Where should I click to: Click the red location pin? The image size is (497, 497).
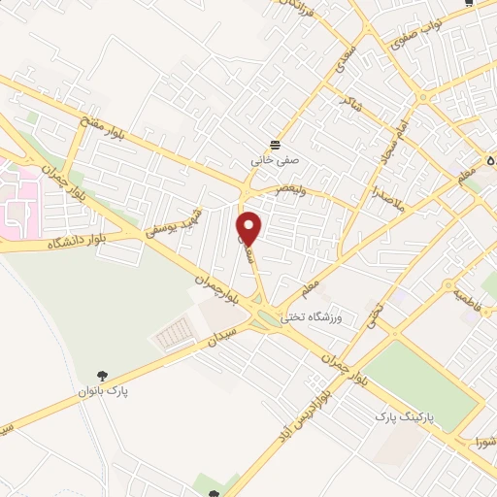pos(249,227)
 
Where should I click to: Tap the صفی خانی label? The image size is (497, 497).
pos(277,152)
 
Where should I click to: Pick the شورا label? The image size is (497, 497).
pos(480,442)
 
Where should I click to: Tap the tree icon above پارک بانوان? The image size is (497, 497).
pos(101,375)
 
